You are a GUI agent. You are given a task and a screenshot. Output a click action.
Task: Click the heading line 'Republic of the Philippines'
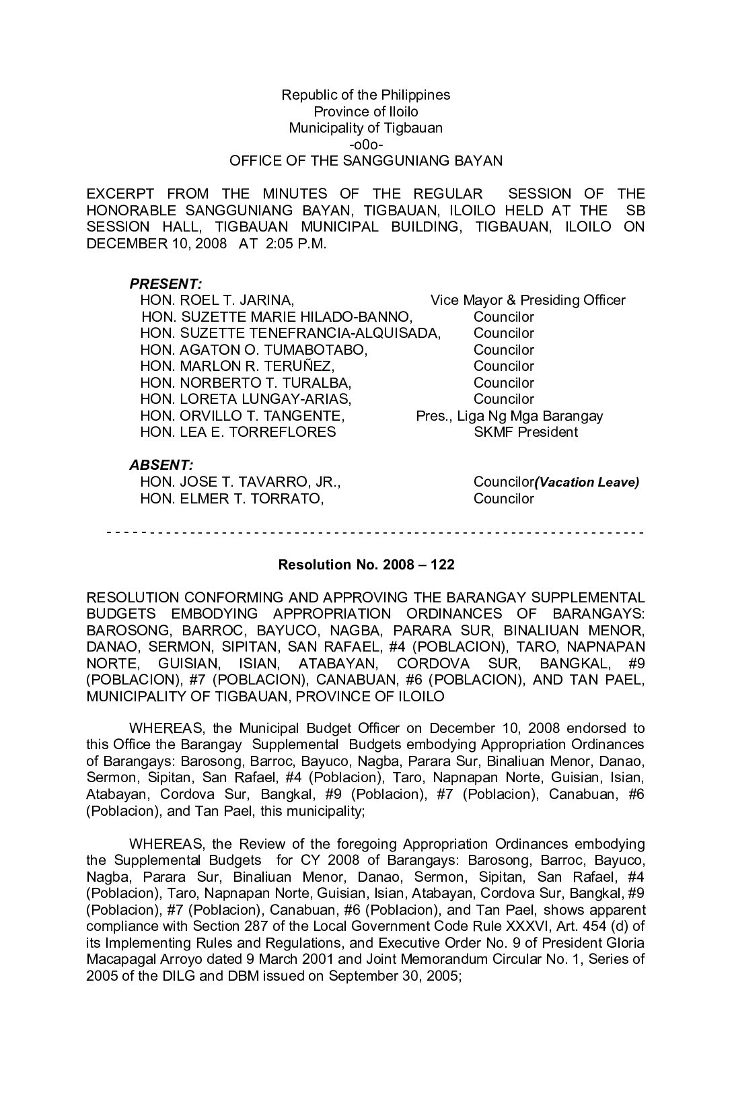pyautogui.click(x=365, y=95)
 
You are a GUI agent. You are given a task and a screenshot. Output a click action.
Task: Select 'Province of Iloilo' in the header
pyautogui.click(x=365, y=112)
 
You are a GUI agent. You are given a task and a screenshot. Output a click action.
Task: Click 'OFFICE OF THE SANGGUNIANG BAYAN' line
pyautogui.click(x=365, y=161)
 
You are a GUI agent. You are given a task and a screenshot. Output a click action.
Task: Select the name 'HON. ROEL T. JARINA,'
pyautogui.click(x=217, y=300)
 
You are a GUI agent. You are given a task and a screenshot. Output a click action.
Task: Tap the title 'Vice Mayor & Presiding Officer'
pyautogui.click(x=527, y=300)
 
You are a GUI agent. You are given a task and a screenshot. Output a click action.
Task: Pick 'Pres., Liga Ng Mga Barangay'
pyautogui.click(x=509, y=416)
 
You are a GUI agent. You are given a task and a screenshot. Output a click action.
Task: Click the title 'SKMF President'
pyautogui.click(x=525, y=432)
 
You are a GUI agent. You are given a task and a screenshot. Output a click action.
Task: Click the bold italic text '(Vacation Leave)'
pyautogui.click(x=587, y=482)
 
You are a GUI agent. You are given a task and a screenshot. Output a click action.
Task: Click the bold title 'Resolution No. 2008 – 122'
pyautogui.click(x=366, y=565)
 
